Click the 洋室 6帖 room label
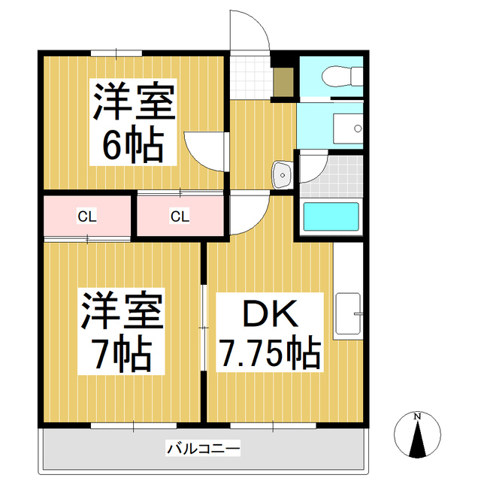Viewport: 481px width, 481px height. coord(133,123)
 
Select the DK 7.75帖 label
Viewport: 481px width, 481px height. coord(268,333)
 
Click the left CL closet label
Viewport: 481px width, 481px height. coord(87,217)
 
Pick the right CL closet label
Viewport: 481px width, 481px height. coord(179,217)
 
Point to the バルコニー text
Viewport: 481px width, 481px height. coord(203,449)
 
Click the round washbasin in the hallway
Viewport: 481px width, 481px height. coord(283,174)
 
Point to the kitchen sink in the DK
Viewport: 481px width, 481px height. coord(348,313)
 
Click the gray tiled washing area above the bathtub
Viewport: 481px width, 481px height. coord(331,175)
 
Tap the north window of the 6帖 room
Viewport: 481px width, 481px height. coord(116,53)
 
